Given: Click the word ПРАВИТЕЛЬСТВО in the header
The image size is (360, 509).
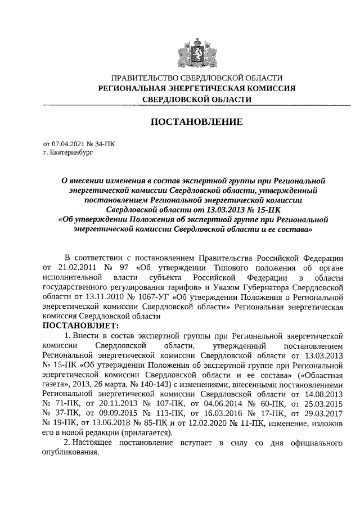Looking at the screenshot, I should [x=145, y=78].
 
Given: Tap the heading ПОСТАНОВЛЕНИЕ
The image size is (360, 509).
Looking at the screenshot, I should [x=196, y=121].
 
